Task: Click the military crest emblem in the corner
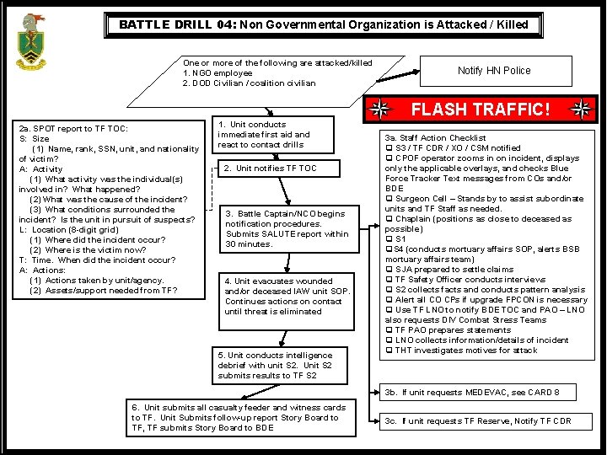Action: point(31,41)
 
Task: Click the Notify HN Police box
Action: point(494,71)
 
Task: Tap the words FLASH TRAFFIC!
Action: point(481,110)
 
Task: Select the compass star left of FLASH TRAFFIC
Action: point(382,110)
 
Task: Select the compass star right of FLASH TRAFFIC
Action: point(581,110)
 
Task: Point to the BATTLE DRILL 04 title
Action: point(323,24)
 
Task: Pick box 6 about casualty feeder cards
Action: point(241,417)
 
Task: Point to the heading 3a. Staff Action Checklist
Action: point(435,138)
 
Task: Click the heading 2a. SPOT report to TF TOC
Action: point(73,129)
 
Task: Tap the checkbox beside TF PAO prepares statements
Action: point(389,330)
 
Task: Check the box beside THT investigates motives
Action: point(389,351)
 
